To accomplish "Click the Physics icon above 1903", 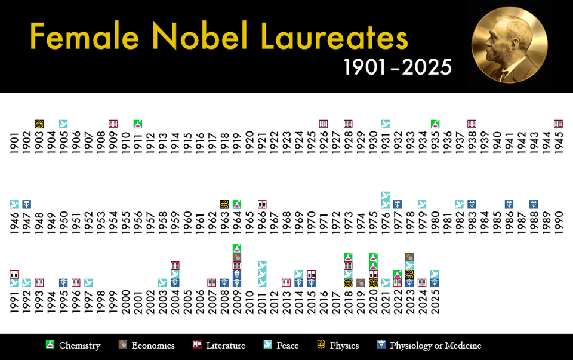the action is click(x=39, y=124).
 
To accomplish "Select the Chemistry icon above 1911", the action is click(x=138, y=124).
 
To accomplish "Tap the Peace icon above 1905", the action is click(x=64, y=124).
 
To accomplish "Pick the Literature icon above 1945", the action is click(x=559, y=124).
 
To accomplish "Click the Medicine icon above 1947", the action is click(x=27, y=204).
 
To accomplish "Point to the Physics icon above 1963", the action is click(x=224, y=204).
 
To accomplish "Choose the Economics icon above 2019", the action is click(x=361, y=283).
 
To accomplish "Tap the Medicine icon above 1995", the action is click(x=64, y=283).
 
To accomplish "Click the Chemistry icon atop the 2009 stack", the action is click(x=237, y=248).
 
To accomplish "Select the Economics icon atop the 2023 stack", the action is click(x=409, y=257).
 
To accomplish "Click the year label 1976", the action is click(x=385, y=221).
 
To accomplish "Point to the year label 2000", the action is click(x=126, y=302).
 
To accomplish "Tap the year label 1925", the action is click(x=311, y=143).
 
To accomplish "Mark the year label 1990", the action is click(x=559, y=221).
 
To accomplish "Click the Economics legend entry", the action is click(x=147, y=346).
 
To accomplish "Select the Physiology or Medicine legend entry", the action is click(x=429, y=346).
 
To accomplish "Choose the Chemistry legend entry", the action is click(x=73, y=346).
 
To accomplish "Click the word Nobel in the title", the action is click(x=200, y=36).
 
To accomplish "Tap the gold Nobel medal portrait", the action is click(x=509, y=45).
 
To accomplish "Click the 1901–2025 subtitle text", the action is click(x=398, y=67).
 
